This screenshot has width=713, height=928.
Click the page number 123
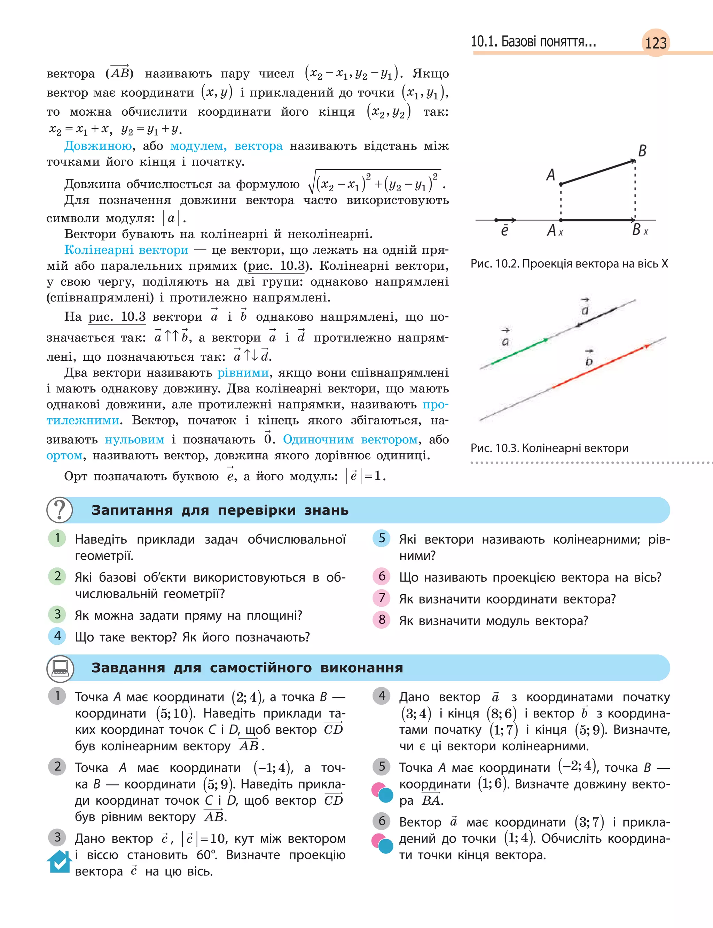656,43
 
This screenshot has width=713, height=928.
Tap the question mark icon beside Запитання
60,510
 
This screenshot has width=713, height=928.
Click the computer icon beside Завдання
60,668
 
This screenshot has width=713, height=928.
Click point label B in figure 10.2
642,151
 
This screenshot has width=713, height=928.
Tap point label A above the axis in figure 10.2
550,175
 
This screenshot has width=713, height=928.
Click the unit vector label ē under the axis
504,231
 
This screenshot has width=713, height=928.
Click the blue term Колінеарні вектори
126,250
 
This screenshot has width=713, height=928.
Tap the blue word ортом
64,455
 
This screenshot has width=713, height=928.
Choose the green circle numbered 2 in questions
57,577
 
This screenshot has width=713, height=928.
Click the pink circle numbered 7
382,598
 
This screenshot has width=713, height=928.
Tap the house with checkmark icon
59,862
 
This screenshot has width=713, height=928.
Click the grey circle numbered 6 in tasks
382,821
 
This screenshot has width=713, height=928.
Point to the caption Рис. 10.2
569,264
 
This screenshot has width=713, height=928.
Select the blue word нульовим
134,439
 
